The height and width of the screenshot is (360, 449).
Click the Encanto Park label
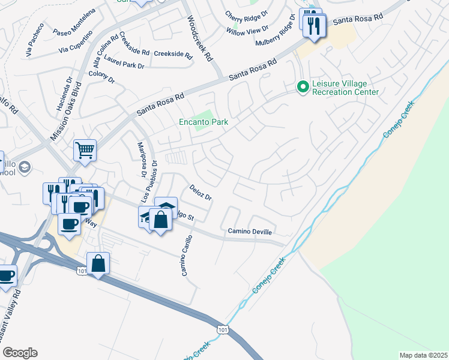(204, 122)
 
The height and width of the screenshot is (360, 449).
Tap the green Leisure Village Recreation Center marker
(303, 88)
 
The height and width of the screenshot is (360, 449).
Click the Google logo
(19, 353)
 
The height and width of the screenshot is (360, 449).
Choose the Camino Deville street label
(250, 232)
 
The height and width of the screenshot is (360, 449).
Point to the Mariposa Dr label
(143, 161)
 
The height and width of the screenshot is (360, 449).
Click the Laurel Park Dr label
(124, 62)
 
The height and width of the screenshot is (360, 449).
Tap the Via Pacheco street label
(35, 40)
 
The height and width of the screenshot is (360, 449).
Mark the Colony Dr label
(101, 77)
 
